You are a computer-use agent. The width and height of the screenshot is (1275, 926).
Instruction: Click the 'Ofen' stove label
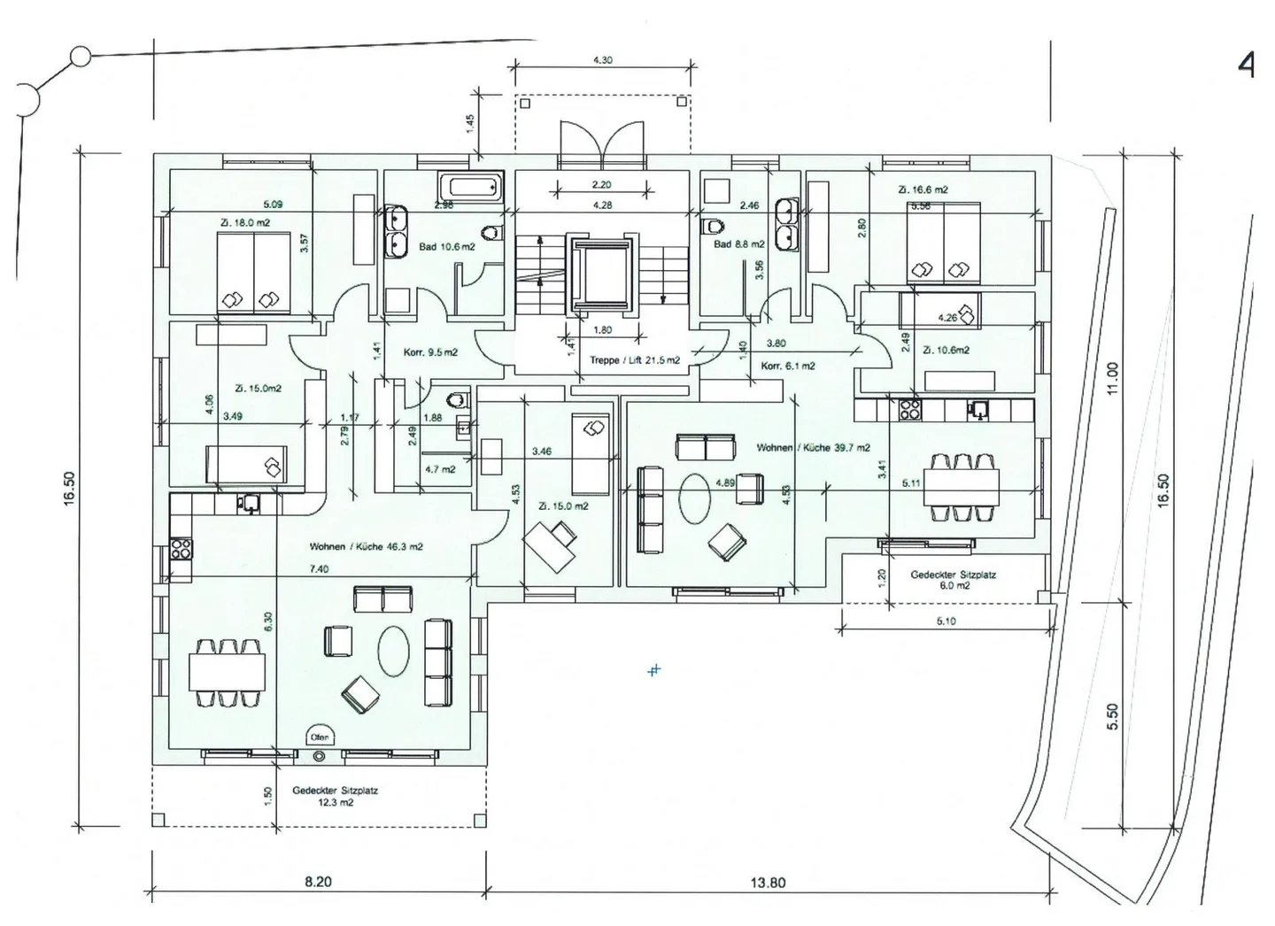coord(319,737)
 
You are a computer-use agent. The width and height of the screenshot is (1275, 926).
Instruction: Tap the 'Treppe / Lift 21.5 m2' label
coord(635,360)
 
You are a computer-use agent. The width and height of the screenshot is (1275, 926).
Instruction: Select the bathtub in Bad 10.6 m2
coord(469,187)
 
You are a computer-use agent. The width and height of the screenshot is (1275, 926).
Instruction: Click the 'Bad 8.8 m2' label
coord(738,244)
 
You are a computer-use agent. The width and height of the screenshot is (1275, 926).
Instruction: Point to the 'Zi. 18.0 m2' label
coord(245,223)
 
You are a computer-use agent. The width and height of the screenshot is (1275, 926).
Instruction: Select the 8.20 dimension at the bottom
coord(318,883)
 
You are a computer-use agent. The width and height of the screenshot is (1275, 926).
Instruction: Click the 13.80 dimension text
coord(767,883)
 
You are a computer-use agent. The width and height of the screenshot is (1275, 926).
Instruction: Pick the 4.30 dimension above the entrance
coord(602,60)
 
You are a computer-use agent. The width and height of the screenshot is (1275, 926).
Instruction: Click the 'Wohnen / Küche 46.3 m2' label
coord(366,547)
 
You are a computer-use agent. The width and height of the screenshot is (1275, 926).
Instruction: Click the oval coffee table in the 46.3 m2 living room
coord(393,652)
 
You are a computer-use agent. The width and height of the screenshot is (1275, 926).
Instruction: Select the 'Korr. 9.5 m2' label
coord(430,352)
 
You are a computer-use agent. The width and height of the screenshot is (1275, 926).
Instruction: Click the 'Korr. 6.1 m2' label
coord(788,366)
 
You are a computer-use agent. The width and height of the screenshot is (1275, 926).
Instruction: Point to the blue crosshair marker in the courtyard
coord(653,670)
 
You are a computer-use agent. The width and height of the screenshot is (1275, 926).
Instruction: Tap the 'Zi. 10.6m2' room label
coord(946,351)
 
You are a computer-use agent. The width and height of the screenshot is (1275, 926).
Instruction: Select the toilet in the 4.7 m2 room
coord(456,401)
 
